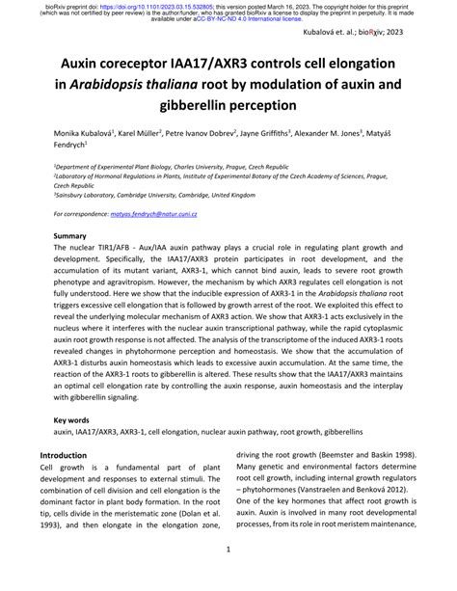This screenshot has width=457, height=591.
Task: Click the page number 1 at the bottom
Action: pyautogui.click(x=228, y=551)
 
